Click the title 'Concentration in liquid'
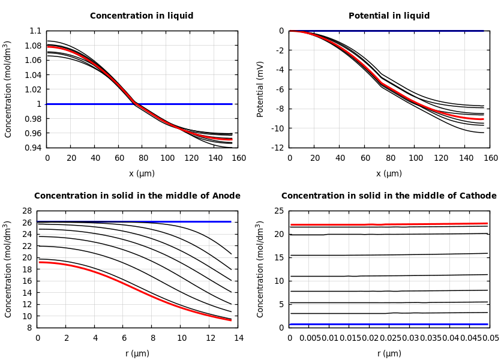(x=142, y=16)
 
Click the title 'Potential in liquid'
(x=389, y=16)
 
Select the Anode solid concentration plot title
(x=137, y=196)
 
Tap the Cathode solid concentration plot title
(x=389, y=196)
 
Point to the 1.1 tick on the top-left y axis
(x=36, y=31)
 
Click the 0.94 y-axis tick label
(x=34, y=148)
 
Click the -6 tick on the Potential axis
(x=280, y=89)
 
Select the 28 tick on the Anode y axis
(x=26, y=211)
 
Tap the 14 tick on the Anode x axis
(x=238, y=338)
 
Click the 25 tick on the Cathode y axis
(x=279, y=211)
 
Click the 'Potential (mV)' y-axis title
(x=260, y=89)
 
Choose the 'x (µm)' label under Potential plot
(x=389, y=174)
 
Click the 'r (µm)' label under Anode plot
(x=137, y=354)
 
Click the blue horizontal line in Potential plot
(x=390, y=31)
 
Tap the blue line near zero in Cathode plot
(x=390, y=325)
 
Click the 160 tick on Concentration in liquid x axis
(x=239, y=158)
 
